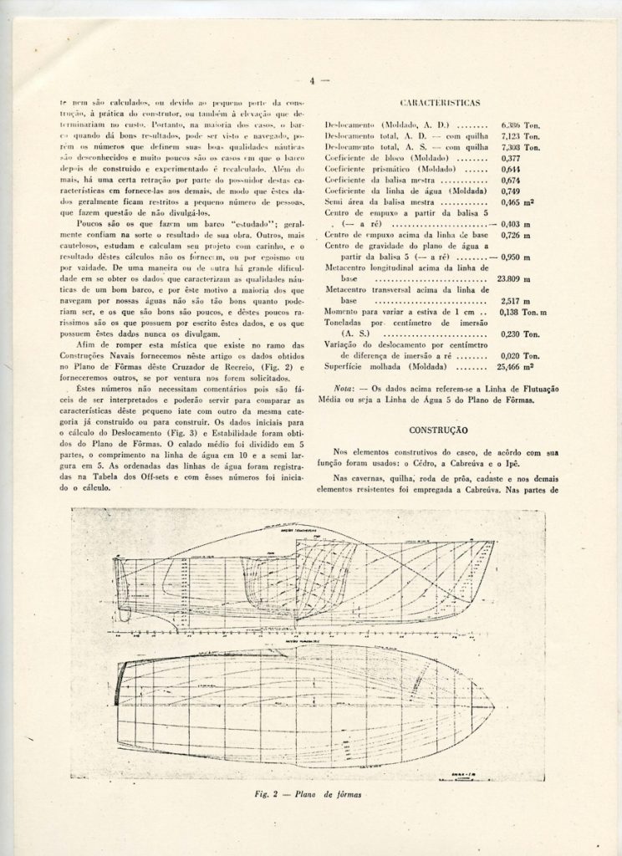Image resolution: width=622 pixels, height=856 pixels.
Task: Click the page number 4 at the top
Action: [x=310, y=81]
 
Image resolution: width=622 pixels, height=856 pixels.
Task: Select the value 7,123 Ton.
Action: [x=519, y=135]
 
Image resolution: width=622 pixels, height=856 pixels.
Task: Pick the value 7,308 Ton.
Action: [x=519, y=146]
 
